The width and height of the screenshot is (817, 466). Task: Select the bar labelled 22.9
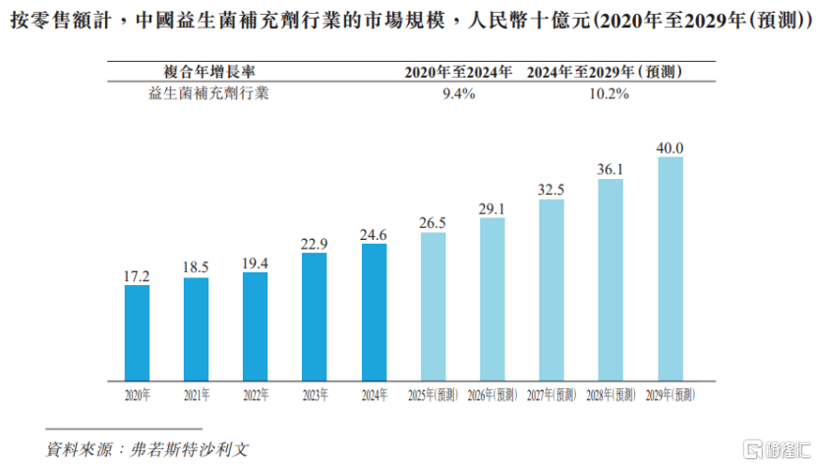click(x=315, y=317)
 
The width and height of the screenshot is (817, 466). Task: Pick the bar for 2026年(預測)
click(x=493, y=299)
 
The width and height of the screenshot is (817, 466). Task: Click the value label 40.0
click(x=671, y=147)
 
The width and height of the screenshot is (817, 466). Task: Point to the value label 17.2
click(x=137, y=276)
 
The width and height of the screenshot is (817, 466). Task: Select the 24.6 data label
click(x=374, y=235)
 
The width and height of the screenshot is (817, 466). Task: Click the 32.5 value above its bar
click(x=552, y=190)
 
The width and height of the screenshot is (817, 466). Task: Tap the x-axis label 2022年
click(x=256, y=395)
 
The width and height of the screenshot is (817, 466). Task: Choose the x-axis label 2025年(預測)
click(x=433, y=395)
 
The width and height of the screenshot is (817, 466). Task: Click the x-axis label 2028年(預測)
click(x=611, y=395)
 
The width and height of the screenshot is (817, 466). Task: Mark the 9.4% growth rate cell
click(x=459, y=94)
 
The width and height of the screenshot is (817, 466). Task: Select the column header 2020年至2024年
click(x=459, y=72)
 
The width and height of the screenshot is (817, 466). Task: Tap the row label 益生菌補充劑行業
click(x=208, y=94)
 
